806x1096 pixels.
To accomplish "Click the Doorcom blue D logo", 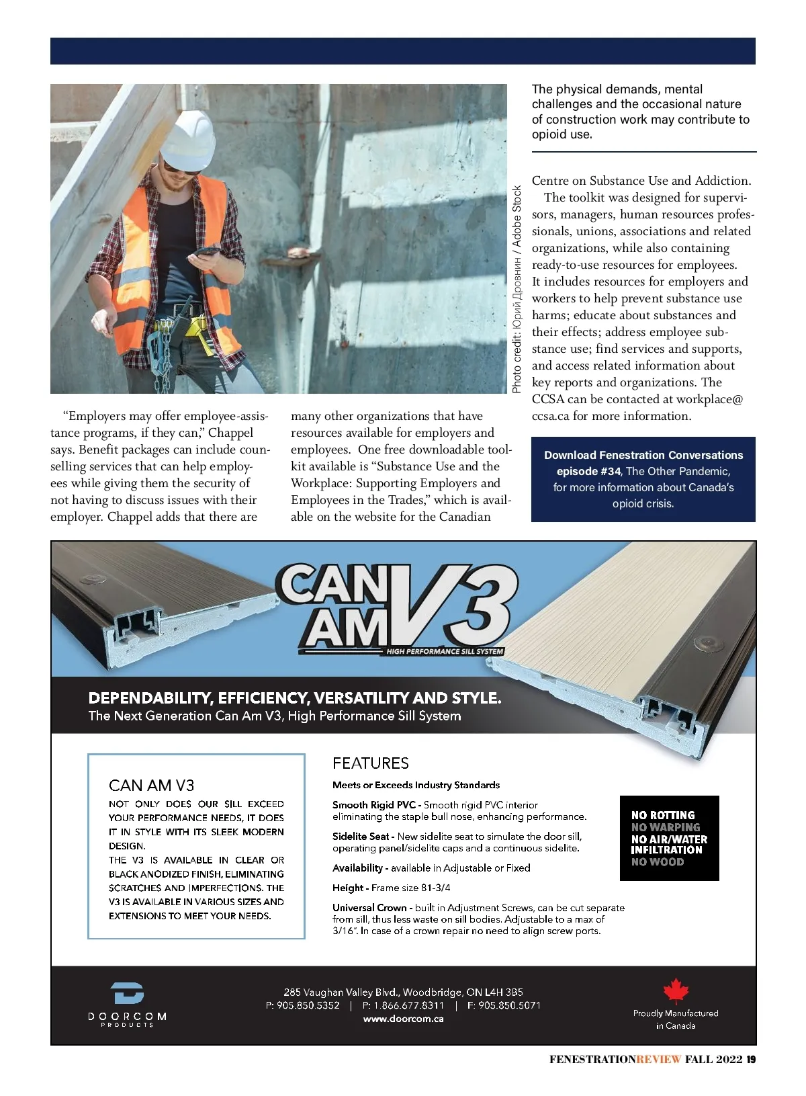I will [x=128, y=993].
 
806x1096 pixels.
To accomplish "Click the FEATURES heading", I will [x=371, y=763].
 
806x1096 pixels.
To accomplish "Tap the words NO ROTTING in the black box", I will [x=663, y=815].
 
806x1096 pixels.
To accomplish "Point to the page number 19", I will [x=751, y=1060].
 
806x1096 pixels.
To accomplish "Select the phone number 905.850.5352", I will [x=308, y=1006].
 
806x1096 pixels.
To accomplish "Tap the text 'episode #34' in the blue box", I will [x=588, y=472].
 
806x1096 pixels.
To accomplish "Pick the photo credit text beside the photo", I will [x=517, y=289].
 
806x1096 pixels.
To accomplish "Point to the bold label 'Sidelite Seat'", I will [x=361, y=837].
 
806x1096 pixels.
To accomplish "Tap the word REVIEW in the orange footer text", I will [x=658, y=1060].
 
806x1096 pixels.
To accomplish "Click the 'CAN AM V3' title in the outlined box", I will [x=151, y=786].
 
